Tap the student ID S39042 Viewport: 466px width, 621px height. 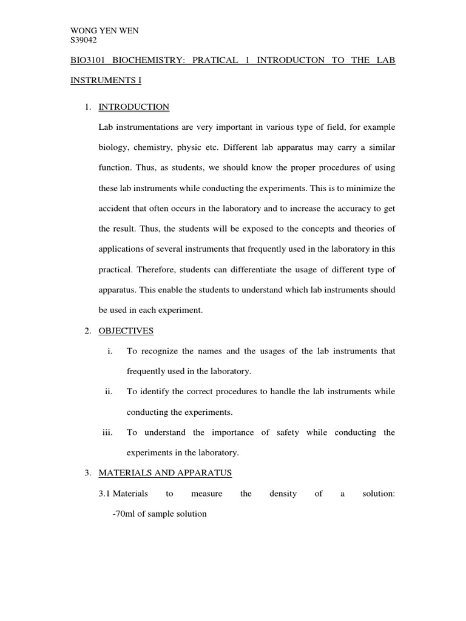click(84, 41)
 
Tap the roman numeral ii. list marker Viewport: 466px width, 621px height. click(109, 392)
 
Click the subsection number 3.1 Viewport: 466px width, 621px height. click(104, 494)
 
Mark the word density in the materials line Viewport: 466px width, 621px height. click(283, 494)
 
